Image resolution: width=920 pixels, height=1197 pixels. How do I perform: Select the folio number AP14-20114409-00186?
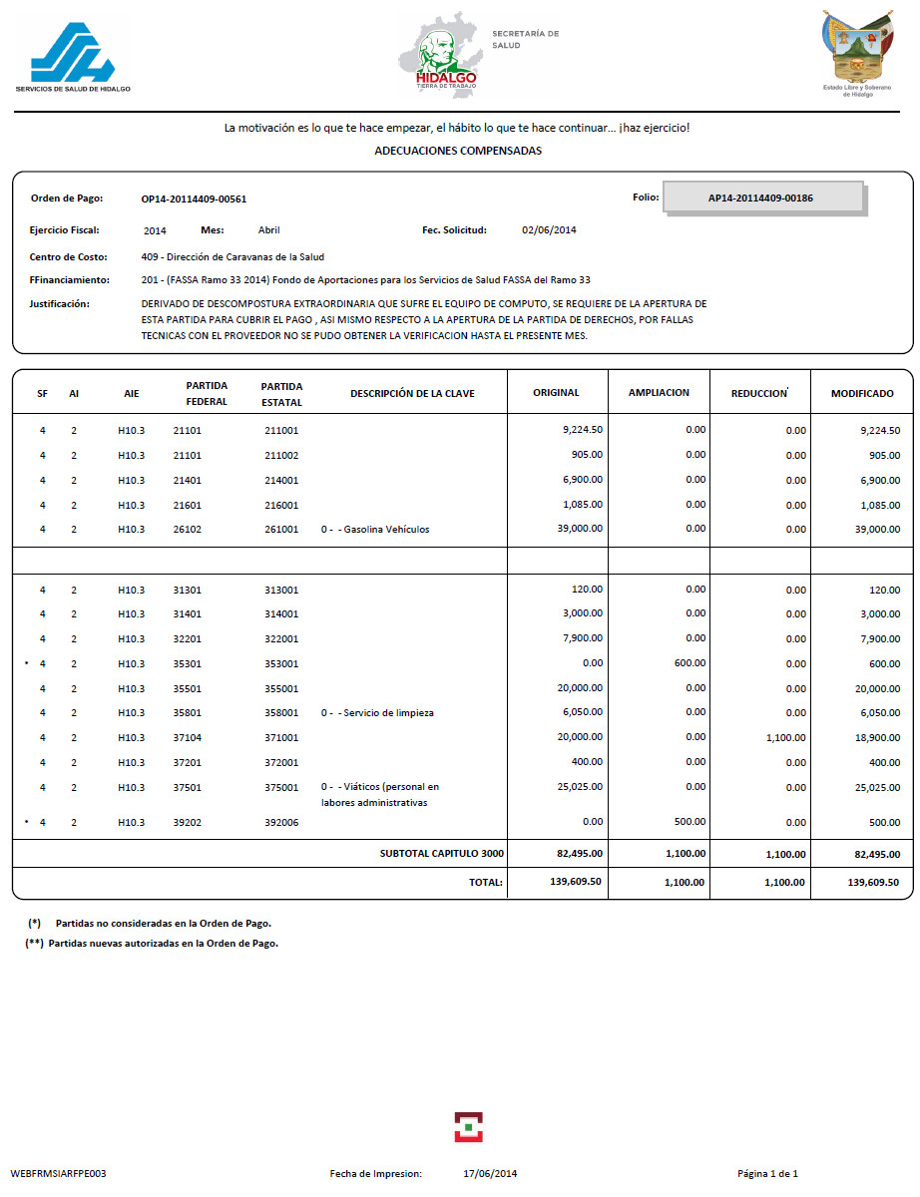point(760,198)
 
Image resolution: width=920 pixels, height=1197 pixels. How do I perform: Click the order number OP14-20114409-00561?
point(194,199)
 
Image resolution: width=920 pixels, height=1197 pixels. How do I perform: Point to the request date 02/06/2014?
point(549,230)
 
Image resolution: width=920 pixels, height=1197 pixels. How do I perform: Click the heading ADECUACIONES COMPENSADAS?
point(458,151)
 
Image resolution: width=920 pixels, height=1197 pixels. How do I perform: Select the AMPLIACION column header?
point(659,393)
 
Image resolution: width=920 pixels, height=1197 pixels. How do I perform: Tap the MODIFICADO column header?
point(862,393)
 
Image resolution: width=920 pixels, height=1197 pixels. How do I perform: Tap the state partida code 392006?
point(281,823)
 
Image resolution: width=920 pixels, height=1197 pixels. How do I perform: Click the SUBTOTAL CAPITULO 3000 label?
point(442,854)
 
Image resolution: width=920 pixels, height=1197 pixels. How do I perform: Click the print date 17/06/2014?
point(490,1173)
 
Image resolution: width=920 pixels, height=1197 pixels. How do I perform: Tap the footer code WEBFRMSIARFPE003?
point(58,1173)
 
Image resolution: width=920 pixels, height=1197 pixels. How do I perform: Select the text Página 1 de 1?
point(767,1173)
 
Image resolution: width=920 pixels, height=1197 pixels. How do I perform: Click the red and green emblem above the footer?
point(468,1127)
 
